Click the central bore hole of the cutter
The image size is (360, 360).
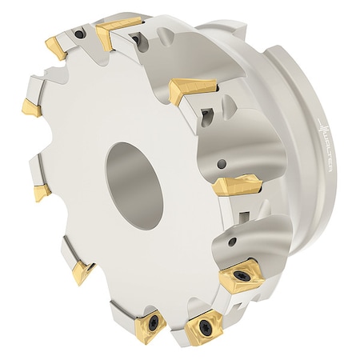click(x=132, y=170)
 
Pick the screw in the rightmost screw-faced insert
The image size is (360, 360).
click(x=240, y=276)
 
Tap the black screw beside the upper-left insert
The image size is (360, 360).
click(x=81, y=34)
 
